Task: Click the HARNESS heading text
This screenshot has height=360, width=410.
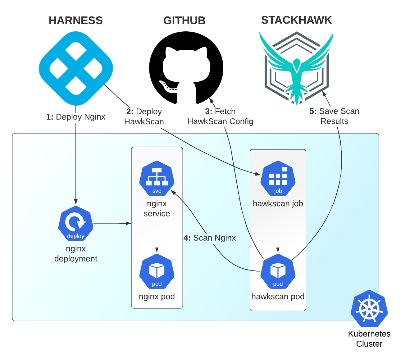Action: point(75,21)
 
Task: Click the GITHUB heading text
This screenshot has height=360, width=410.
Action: point(184,21)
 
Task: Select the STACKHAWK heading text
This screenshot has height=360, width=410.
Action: point(296,20)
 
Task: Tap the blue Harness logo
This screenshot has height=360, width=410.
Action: point(76,68)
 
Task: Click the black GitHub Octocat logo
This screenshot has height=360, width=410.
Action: point(186,68)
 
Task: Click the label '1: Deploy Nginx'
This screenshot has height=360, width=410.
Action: point(76,117)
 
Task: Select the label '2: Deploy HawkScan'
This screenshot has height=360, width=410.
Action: point(144,116)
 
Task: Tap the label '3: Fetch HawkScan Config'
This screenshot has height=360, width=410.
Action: point(220,116)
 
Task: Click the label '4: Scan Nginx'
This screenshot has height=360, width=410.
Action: point(210,238)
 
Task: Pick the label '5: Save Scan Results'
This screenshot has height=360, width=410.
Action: point(334,116)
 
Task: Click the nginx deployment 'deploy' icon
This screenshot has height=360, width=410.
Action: point(76,223)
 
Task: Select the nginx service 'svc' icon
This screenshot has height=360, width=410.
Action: point(157,178)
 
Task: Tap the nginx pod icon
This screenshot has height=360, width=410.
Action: point(157,271)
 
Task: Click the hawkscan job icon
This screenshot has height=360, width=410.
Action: point(278,178)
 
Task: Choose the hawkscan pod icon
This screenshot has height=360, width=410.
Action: point(278,271)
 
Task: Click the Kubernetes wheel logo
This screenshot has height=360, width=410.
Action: point(369,308)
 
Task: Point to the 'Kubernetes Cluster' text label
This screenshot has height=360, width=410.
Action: point(369,339)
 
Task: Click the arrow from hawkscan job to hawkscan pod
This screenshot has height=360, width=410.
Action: point(278,230)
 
